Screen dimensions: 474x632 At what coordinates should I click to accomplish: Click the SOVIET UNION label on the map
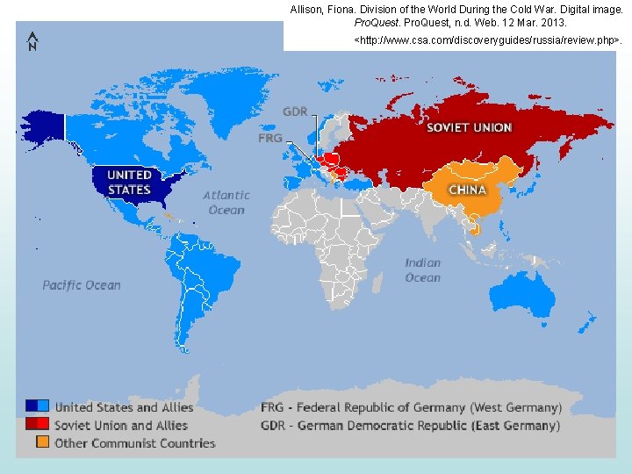pos(469,127)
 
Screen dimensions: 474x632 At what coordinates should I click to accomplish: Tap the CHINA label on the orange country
pos(468,190)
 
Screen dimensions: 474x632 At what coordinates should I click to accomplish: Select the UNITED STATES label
pos(129,183)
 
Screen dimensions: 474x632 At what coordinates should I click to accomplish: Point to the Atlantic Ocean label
pos(226,203)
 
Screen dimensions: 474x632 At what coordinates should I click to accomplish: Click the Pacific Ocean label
pos(82,285)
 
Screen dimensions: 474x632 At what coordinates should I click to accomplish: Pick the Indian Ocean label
pos(422,270)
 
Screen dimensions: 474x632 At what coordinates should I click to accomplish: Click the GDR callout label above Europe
pos(295,111)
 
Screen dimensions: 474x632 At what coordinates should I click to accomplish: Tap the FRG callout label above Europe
pos(270,138)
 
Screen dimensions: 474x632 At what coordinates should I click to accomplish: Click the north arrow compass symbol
pos(32,41)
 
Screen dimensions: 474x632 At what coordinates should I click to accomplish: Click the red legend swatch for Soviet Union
pos(36,424)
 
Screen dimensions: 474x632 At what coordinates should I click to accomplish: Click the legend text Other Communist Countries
pos(134,443)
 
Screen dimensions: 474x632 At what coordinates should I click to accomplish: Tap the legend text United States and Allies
pos(124,407)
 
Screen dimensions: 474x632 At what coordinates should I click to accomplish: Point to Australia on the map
pos(526,294)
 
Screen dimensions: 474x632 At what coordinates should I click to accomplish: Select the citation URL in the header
pos(487,41)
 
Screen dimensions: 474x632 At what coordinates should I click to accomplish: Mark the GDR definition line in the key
pos(410,426)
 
